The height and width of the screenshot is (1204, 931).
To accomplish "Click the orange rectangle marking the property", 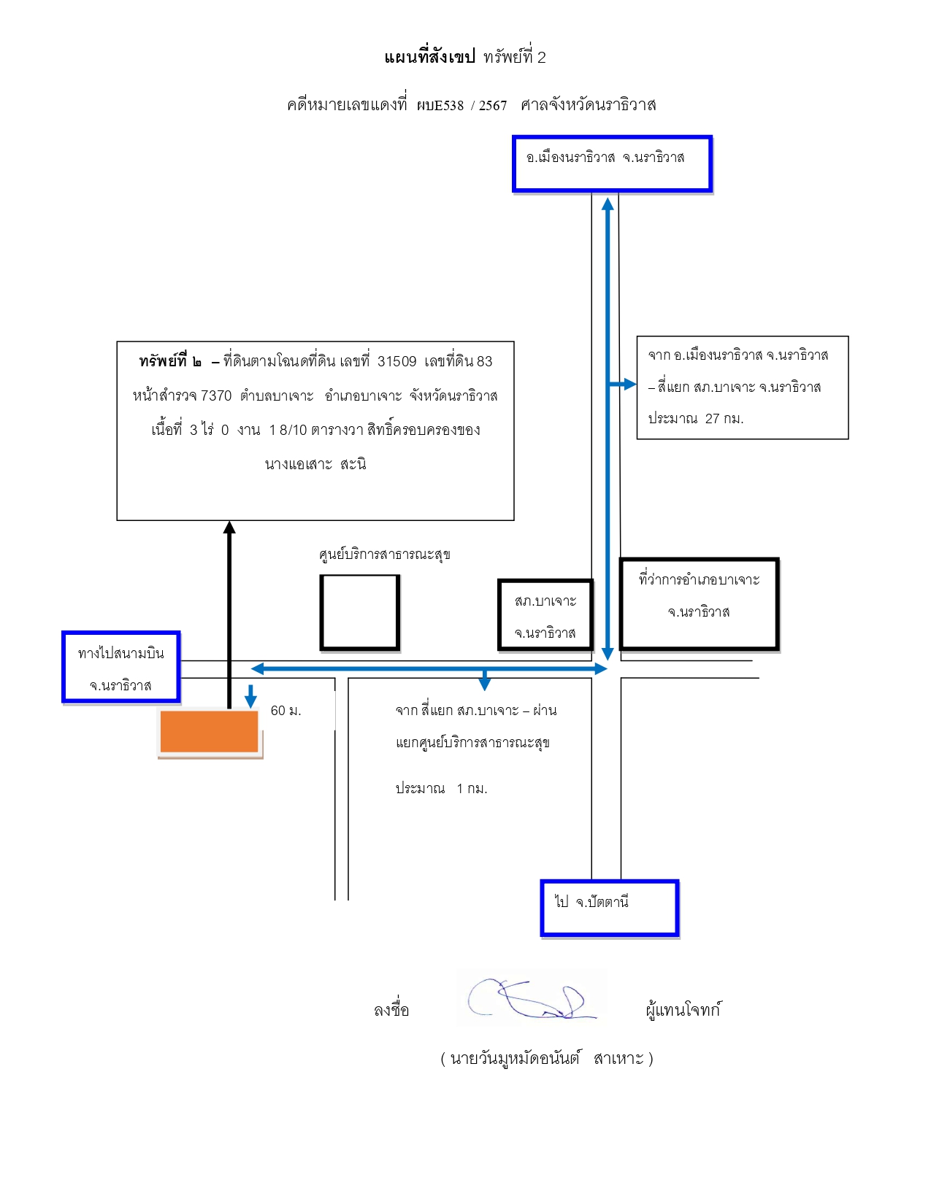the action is click(209, 731).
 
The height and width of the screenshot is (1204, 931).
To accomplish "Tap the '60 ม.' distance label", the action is click(286, 710).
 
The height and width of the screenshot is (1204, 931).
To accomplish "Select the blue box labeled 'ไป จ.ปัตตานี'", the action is click(610, 908).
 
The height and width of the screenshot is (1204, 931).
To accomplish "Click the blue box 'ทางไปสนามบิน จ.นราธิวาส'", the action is click(121, 667).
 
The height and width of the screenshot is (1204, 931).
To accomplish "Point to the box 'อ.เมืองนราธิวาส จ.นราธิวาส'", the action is click(612, 163).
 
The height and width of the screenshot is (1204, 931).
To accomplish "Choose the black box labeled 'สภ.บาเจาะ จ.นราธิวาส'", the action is click(545, 615).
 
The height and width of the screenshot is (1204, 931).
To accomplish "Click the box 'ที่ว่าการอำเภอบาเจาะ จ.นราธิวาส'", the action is click(700, 603).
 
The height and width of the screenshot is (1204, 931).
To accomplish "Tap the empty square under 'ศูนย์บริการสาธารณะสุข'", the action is click(360, 611).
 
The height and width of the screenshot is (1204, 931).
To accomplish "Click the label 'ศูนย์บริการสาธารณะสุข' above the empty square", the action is click(384, 555).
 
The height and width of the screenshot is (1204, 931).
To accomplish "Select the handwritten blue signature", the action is click(531, 998).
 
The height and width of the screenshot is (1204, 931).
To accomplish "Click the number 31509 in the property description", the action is click(396, 361).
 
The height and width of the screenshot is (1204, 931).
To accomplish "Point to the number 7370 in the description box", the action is click(215, 395).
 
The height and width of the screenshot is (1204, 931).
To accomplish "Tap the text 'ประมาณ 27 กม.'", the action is click(695, 418).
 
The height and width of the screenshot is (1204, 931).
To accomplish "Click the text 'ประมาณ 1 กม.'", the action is click(441, 788).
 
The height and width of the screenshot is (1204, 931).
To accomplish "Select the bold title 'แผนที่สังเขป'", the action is click(430, 57).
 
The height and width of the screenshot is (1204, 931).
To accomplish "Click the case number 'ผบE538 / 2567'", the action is click(462, 105).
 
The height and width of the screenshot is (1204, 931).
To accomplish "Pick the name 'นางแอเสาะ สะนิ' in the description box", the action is click(315, 464).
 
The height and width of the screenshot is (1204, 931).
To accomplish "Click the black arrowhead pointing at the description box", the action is click(229, 527).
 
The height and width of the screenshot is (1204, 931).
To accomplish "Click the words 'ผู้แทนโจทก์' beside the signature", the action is click(683, 1009).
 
